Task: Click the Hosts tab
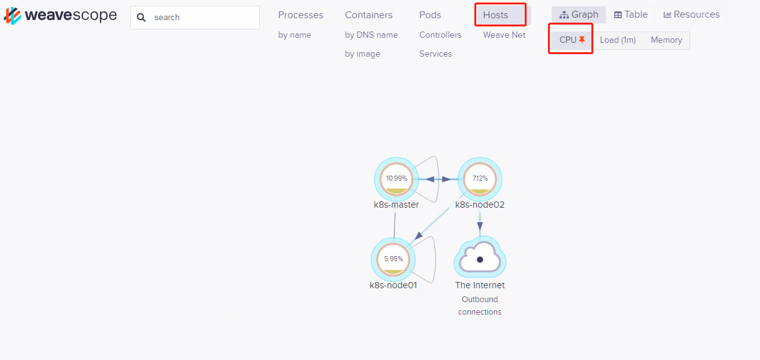click(495, 15)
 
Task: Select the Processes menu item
click(301, 15)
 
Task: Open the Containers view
click(369, 15)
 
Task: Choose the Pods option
click(430, 15)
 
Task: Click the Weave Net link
click(504, 35)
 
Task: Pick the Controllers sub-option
click(440, 35)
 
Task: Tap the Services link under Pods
click(435, 53)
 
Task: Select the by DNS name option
click(371, 35)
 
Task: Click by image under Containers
click(362, 54)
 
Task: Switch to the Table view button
click(631, 14)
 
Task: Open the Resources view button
click(691, 14)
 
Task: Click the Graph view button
click(578, 14)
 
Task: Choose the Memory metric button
click(666, 40)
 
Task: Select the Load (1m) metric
click(618, 40)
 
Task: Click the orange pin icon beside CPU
click(582, 40)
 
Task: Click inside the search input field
click(204, 17)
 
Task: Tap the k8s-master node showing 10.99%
click(396, 179)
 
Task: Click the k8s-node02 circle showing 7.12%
click(480, 179)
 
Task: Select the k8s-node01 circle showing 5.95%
click(393, 259)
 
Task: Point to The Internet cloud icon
click(480, 257)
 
